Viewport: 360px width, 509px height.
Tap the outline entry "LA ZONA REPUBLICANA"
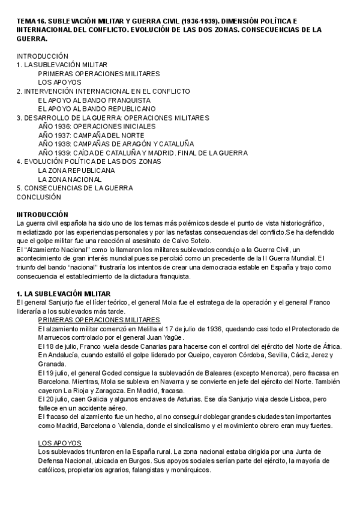click(x=76, y=170)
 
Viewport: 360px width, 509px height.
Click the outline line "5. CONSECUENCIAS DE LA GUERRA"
click(x=74, y=188)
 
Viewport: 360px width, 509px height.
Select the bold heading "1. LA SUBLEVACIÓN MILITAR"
click(x=63, y=294)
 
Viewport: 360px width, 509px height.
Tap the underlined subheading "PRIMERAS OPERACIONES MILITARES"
click(x=98, y=320)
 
